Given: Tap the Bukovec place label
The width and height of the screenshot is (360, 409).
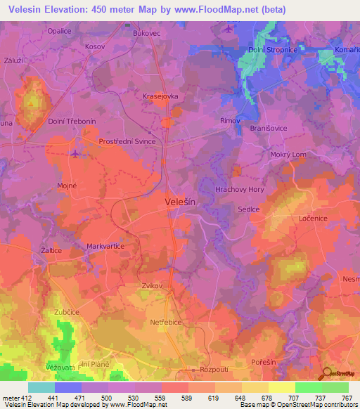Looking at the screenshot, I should click(x=146, y=33).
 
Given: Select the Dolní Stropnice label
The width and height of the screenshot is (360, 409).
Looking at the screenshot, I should click(x=273, y=51).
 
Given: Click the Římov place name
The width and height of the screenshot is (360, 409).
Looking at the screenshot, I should click(x=230, y=121).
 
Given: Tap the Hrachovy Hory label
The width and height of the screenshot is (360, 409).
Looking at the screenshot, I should click(x=239, y=190).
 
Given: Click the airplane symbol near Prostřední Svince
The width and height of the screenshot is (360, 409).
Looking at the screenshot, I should click(x=76, y=152).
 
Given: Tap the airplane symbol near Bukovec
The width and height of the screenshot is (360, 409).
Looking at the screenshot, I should click(x=229, y=29).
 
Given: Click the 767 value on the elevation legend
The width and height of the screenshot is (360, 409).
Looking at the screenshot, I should click(x=347, y=398).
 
